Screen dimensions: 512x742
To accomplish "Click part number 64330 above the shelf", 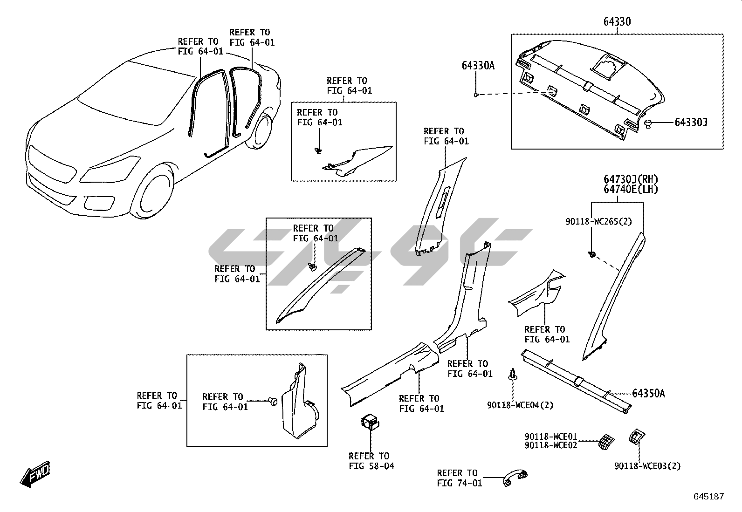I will click(x=617, y=21).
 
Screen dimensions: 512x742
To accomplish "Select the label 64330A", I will click(x=478, y=66).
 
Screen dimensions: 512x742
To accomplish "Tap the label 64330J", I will click(x=691, y=123).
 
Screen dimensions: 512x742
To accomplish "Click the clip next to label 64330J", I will click(x=648, y=123).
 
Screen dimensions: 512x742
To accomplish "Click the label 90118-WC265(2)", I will click(x=599, y=222).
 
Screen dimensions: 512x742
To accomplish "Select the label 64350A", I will click(x=648, y=394).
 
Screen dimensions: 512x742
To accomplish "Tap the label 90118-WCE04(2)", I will click(x=520, y=405).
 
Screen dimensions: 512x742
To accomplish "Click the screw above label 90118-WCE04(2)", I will click(x=513, y=374).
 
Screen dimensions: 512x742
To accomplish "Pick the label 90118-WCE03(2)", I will click(x=647, y=466).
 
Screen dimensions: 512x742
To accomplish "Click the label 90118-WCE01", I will click(x=550, y=437).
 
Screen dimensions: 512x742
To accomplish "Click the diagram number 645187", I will click(x=709, y=497).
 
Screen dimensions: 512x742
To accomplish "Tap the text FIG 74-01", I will click(x=460, y=483).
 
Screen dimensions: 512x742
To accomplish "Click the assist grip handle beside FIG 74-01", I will click(x=515, y=478).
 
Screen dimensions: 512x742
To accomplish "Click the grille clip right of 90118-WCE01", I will click(x=605, y=442).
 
